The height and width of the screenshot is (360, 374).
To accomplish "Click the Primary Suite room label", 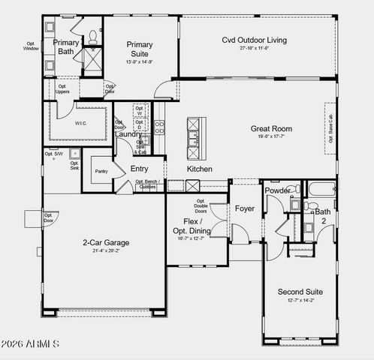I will [x=139, y=49].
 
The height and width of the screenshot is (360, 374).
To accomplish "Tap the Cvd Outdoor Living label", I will [x=254, y=40].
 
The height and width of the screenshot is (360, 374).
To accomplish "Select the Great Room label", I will [x=271, y=129].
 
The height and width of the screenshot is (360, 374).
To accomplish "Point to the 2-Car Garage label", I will [x=106, y=242].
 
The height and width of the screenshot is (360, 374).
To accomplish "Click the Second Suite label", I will [x=300, y=292].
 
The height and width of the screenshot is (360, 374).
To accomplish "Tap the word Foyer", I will [x=245, y=208].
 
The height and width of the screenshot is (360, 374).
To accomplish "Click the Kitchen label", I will [x=200, y=169].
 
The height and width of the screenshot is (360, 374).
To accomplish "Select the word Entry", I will [x=140, y=169].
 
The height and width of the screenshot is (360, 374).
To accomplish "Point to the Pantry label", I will [x=102, y=172].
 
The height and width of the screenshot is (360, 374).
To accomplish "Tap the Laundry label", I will [x=128, y=134].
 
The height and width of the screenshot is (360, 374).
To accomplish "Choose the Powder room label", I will [x=277, y=190].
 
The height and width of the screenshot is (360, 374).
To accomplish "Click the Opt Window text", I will [x=31, y=46].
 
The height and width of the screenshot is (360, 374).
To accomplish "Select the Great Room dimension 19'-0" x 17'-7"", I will [x=271, y=138].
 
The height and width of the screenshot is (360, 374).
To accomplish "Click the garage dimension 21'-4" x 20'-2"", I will [x=106, y=251].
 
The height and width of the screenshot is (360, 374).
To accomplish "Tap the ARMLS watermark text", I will [x=32, y=344].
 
